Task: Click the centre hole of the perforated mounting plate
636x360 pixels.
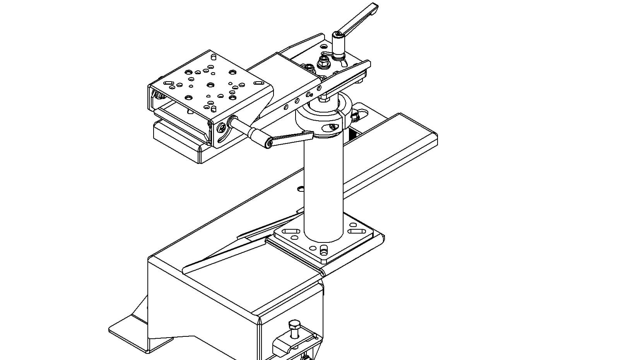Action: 210,85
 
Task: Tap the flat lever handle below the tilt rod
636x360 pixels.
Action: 291,138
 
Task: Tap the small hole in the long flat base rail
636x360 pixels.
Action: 301,189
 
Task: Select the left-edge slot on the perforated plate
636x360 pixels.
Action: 169,83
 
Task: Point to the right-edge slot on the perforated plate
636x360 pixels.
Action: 257,82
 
